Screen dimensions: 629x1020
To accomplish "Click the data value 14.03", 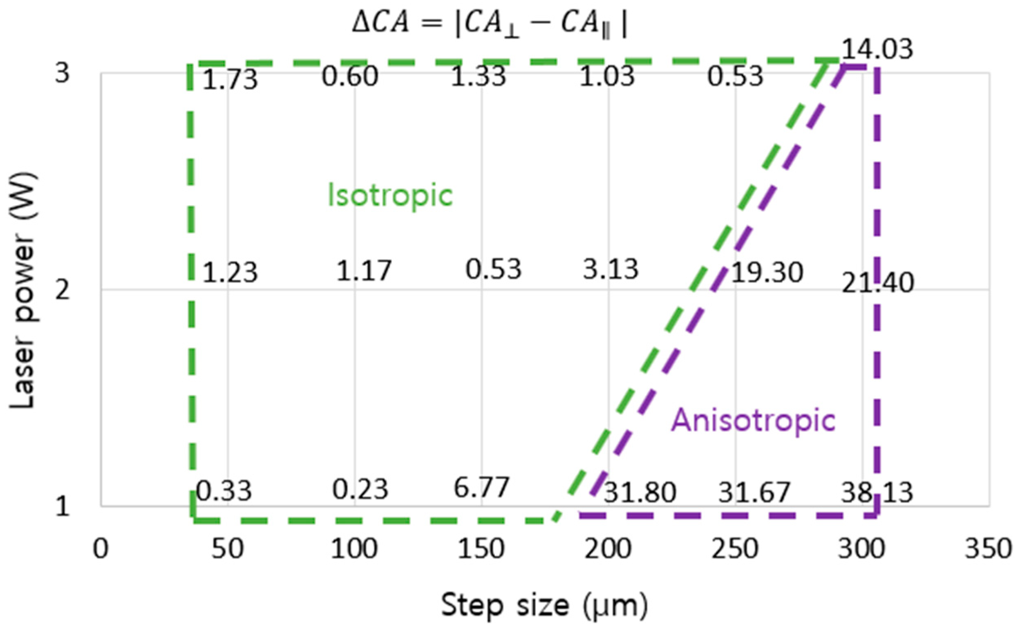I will pyautogui.click(x=877, y=50).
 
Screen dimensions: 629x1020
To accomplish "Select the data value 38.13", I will pyautogui.click(x=877, y=493).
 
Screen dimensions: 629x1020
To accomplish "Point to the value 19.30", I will pyautogui.click(x=766, y=273).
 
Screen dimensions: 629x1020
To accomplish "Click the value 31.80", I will pyautogui.click(x=640, y=493).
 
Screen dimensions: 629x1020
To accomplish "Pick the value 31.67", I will pyautogui.click(x=754, y=493).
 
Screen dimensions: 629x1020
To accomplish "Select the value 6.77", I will pyautogui.click(x=481, y=488).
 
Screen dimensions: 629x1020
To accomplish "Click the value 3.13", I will pyautogui.click(x=610, y=270).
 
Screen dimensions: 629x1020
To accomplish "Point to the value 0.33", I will pyautogui.click(x=224, y=491).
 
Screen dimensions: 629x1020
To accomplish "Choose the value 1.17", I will pyautogui.click(x=363, y=271).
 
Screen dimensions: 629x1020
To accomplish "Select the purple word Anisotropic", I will pyautogui.click(x=753, y=421).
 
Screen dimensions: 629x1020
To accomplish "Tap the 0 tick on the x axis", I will pyautogui.click(x=101, y=549).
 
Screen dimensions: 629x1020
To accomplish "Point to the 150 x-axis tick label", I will pyautogui.click(x=481, y=549).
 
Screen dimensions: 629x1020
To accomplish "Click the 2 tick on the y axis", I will pyautogui.click(x=63, y=290).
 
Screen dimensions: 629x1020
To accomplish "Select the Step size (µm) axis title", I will pyautogui.click(x=544, y=606).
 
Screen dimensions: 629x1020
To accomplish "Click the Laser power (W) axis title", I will pyautogui.click(x=23, y=290).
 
